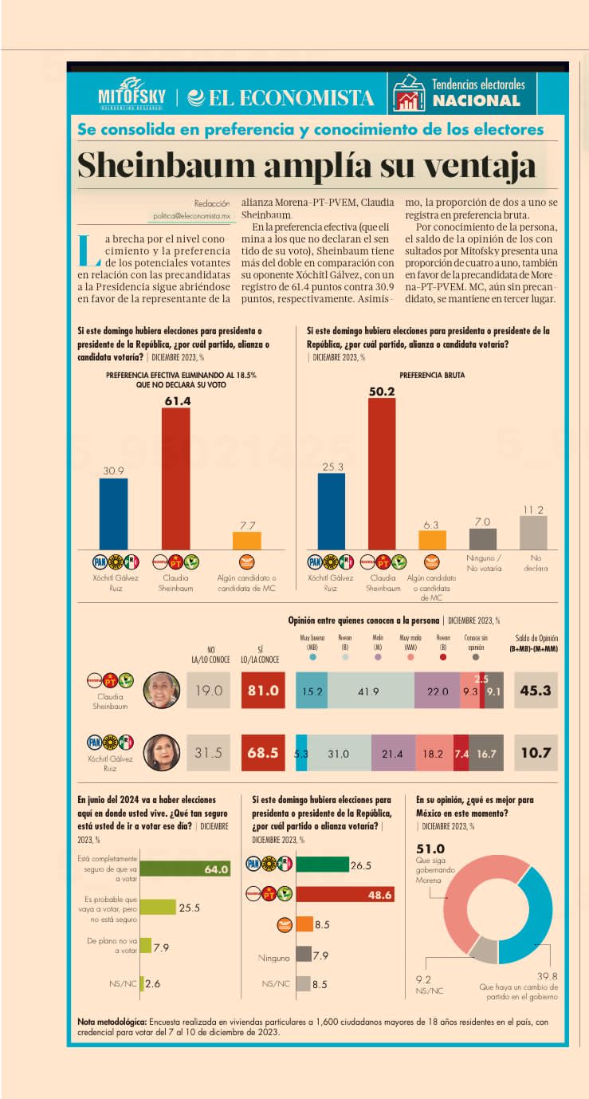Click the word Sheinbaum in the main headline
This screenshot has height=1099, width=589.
(179, 165)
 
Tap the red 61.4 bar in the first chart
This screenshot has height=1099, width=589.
(176, 479)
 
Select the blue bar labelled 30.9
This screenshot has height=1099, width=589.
(113, 514)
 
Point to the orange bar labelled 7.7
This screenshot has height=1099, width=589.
(246, 540)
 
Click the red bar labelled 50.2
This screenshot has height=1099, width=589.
(382, 474)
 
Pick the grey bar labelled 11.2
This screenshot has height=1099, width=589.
(533, 532)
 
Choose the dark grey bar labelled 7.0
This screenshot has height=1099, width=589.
(482, 538)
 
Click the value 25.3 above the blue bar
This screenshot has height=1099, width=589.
(331, 467)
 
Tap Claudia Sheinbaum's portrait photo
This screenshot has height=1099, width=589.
(162, 691)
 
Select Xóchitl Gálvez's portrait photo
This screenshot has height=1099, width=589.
(161, 752)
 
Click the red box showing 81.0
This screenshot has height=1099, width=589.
(263, 691)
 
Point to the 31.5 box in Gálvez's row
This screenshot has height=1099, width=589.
(209, 752)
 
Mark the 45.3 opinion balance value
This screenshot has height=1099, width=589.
(536, 691)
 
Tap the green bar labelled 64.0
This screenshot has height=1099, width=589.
(187, 869)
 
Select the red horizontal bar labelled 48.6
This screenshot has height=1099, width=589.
(346, 895)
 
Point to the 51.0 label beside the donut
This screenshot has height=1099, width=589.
(430, 849)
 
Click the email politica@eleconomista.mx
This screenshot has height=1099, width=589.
(192, 216)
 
